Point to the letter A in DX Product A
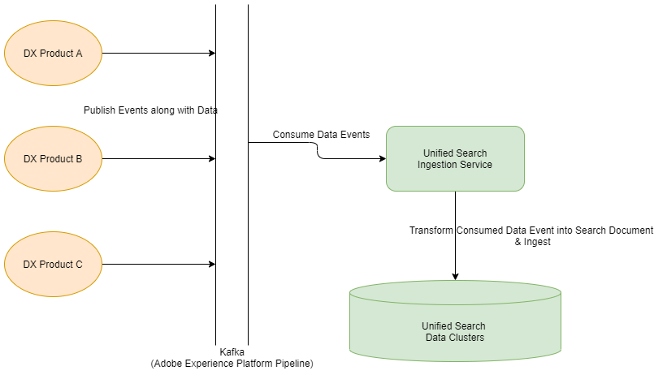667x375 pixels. coord(79,54)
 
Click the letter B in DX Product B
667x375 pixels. coord(79,159)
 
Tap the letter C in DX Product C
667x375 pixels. coord(79,265)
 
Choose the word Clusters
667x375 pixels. coord(467,338)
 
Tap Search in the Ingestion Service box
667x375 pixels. coord(473,153)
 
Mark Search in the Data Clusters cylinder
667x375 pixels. coord(471,326)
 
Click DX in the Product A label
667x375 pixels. coord(30,54)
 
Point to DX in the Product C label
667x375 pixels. coord(30,265)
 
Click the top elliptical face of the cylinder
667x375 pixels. coord(455,292)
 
